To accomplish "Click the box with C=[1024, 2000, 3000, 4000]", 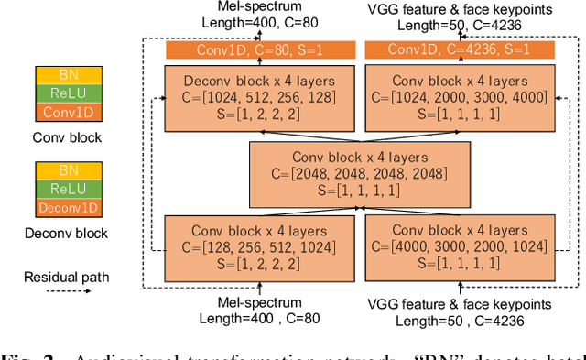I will (x=460, y=97).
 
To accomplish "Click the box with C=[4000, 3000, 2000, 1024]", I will (x=460, y=247).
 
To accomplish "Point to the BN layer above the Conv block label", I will (x=68, y=76).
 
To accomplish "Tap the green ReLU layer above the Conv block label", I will (x=68, y=94).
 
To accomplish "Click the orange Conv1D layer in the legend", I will (x=68, y=113).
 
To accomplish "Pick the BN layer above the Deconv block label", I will (x=68, y=170).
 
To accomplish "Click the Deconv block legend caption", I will (x=68, y=233).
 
